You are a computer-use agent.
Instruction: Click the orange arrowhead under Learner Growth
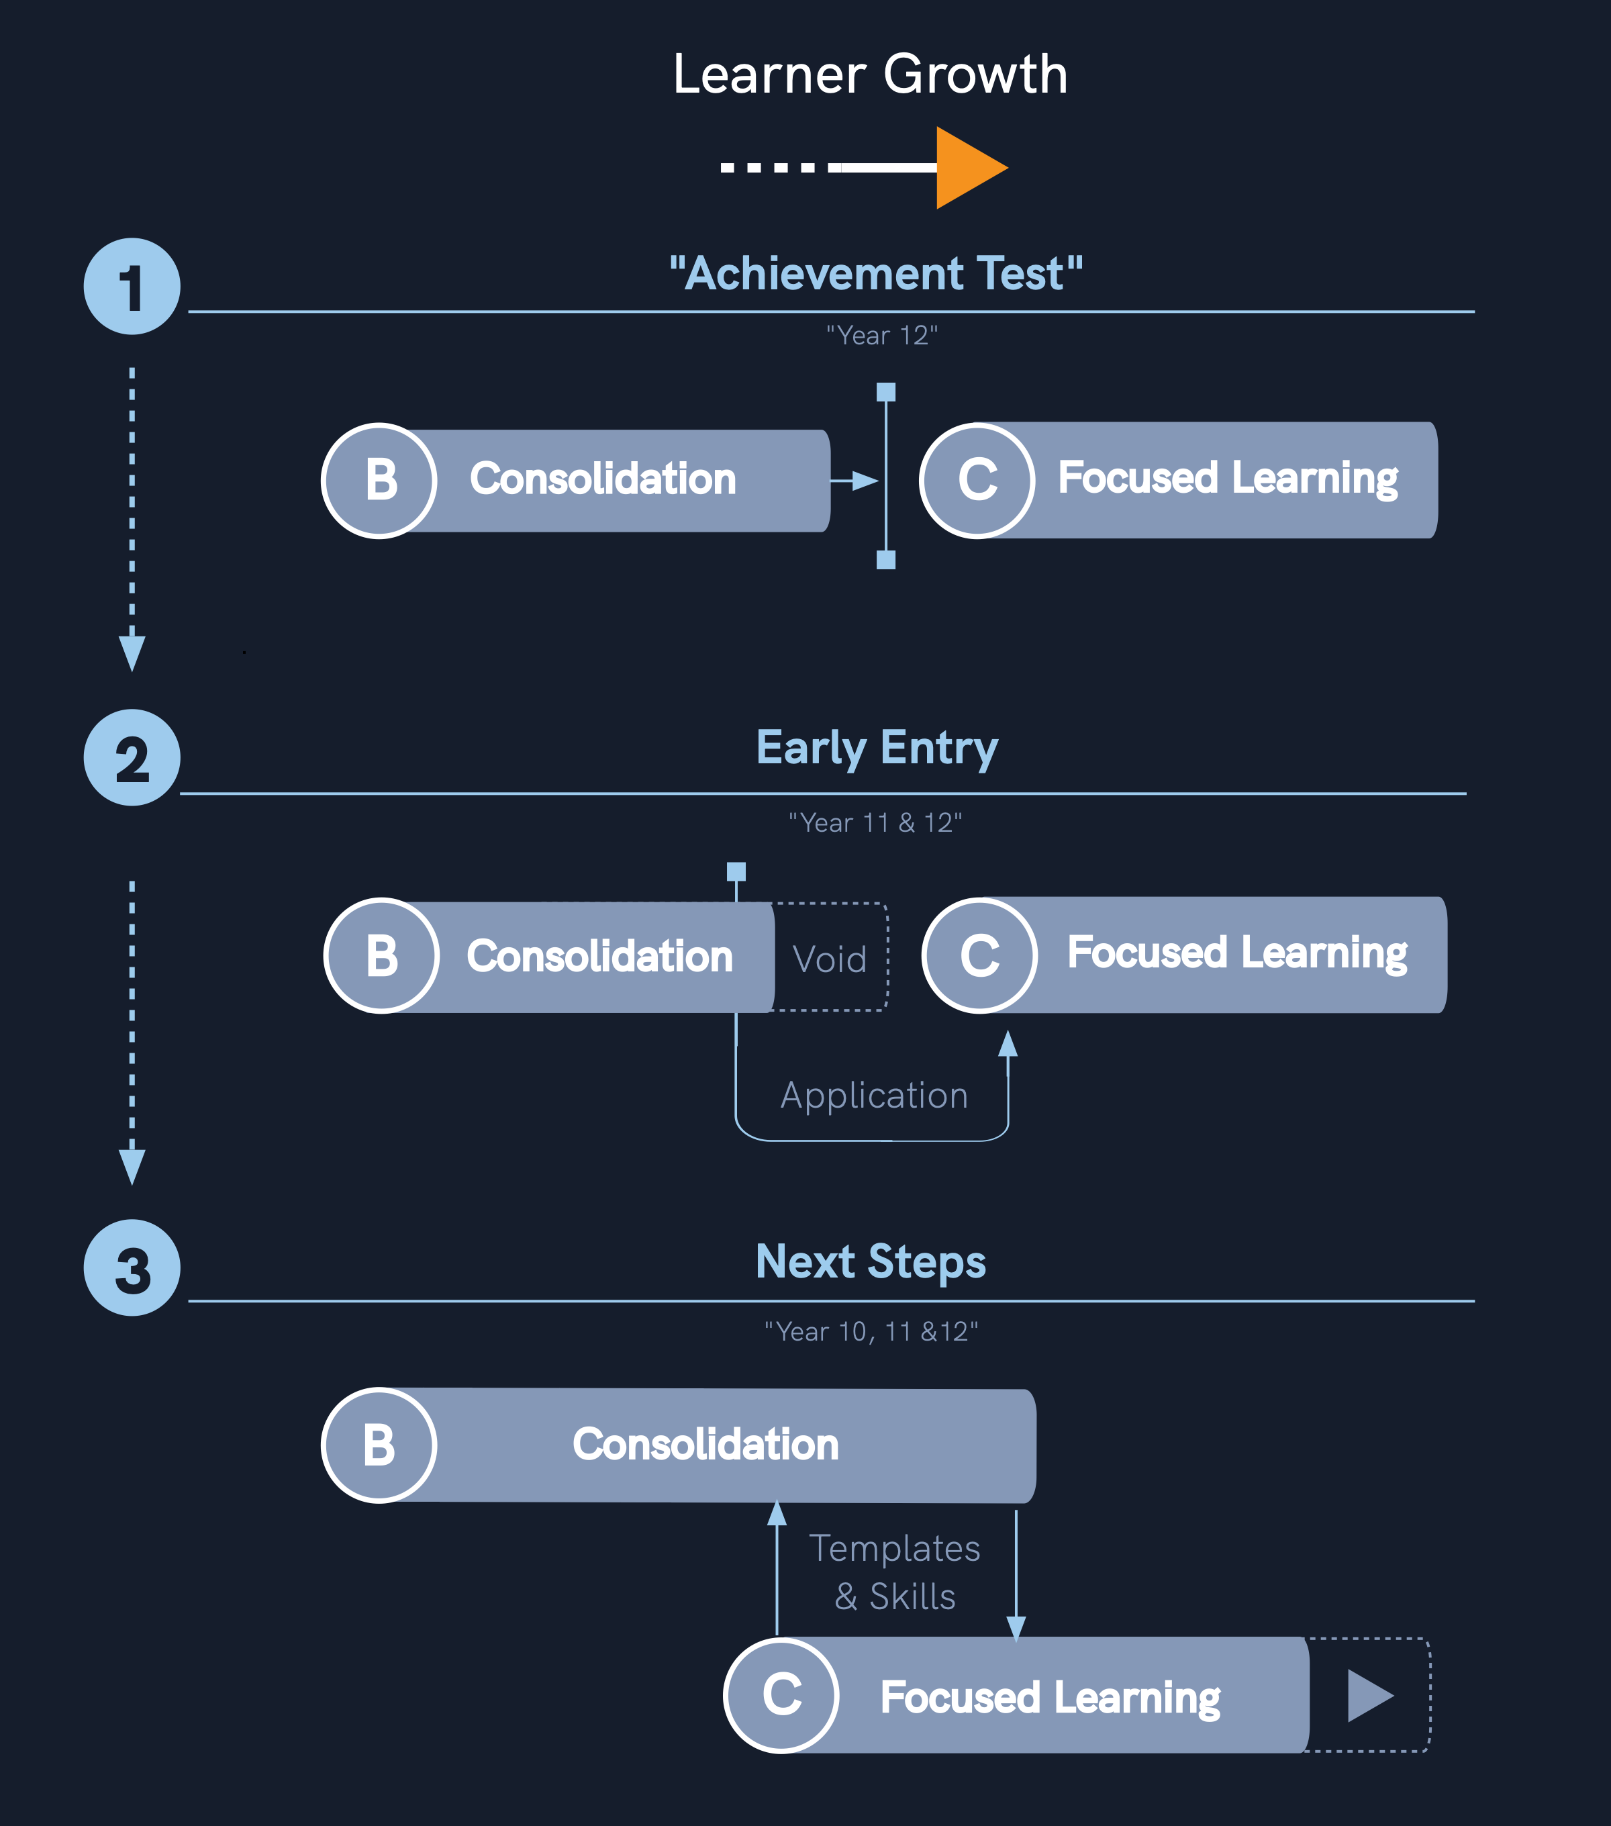(966, 167)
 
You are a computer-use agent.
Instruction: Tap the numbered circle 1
(132, 287)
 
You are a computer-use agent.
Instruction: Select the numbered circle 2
(132, 757)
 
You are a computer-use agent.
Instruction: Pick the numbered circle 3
(132, 1267)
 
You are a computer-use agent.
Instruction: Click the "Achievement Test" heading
(876, 273)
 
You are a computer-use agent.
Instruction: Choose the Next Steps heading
(871, 1261)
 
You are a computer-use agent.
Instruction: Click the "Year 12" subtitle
(881, 336)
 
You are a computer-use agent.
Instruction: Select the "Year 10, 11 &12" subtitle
(871, 1332)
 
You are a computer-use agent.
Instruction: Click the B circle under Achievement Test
(379, 481)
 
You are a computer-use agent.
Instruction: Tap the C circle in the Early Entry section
(979, 955)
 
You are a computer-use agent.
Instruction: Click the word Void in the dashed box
(830, 959)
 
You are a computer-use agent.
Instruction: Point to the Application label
(874, 1095)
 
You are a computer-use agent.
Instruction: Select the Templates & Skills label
(895, 1572)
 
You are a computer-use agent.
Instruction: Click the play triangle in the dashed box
(1369, 1696)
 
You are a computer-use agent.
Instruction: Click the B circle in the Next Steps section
(379, 1445)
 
